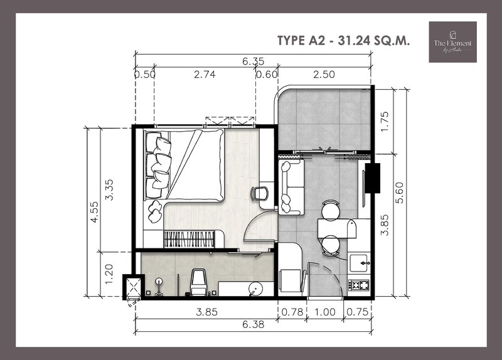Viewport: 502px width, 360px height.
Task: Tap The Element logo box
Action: coord(452,42)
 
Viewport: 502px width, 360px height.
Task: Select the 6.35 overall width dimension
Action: coord(254,61)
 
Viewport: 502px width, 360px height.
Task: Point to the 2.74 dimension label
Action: coord(205,75)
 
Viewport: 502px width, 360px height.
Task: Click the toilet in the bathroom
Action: coord(200,282)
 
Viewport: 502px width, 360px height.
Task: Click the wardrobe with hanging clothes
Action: coord(189,239)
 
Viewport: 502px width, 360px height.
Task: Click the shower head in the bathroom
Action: coord(159,283)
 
